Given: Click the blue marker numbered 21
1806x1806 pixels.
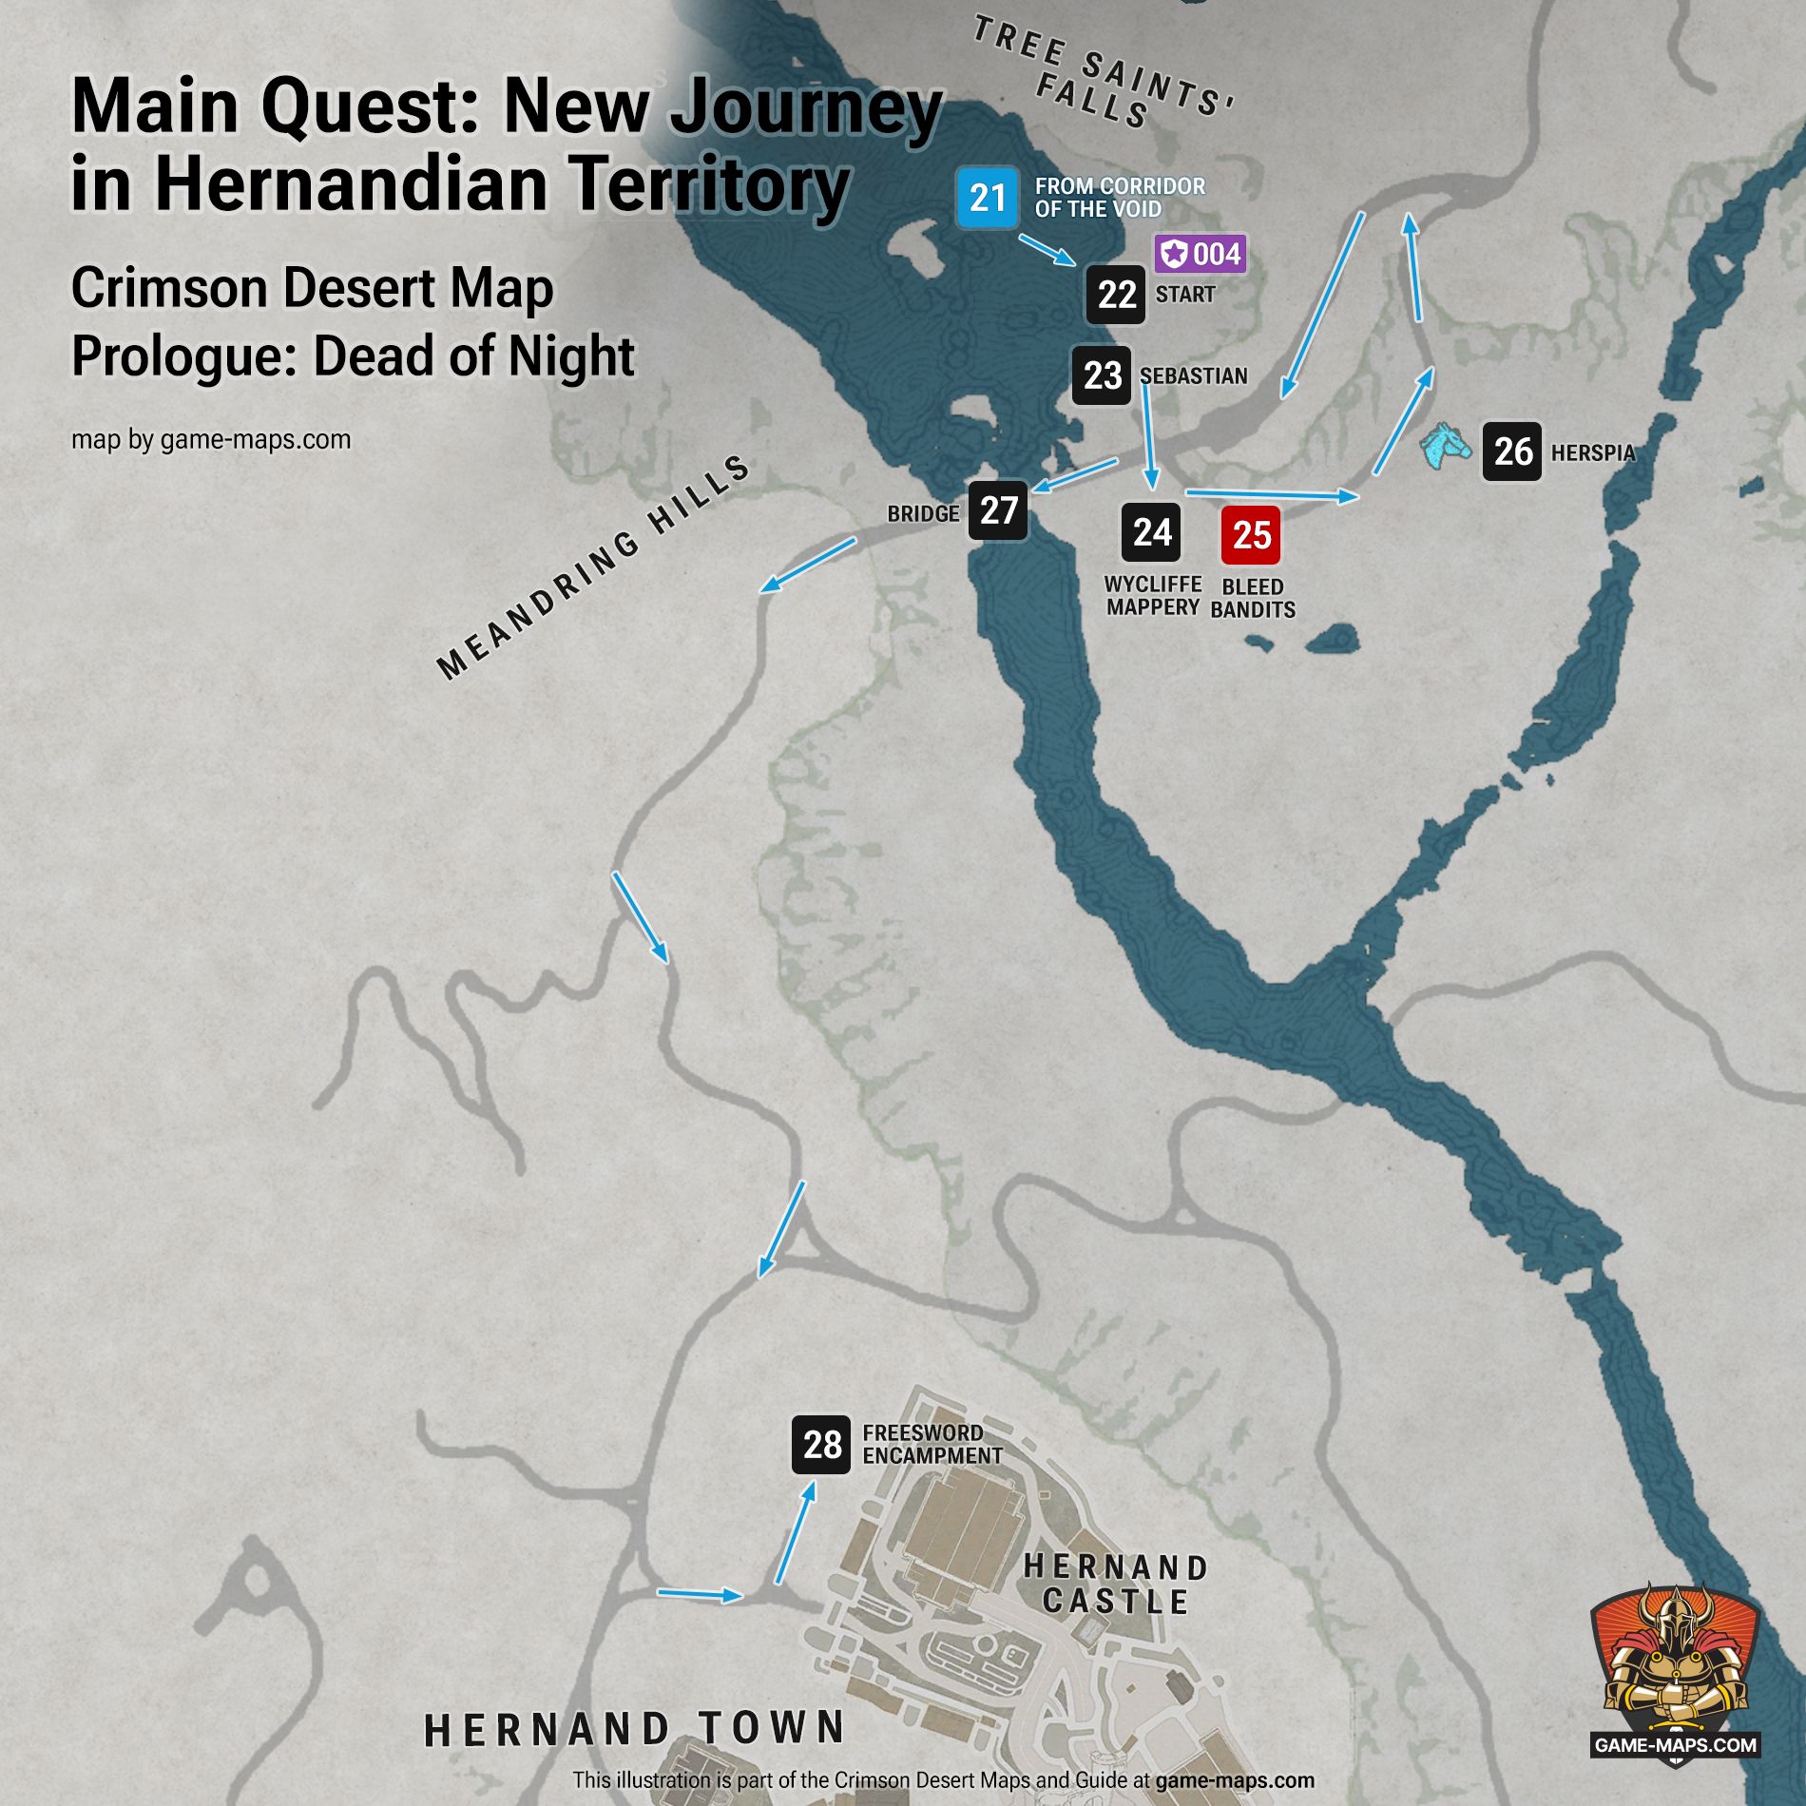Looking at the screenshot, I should click(x=988, y=198).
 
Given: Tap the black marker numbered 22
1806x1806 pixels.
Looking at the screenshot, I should click(x=1116, y=295).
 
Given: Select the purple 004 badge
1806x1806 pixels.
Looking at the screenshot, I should click(x=1201, y=254).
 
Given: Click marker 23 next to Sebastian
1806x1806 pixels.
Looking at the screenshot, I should click(x=1102, y=375).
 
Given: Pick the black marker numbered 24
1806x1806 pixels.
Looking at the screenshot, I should click(x=1151, y=532).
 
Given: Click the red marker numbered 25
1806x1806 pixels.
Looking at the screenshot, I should click(x=1251, y=535).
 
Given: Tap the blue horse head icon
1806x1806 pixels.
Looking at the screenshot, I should click(x=1445, y=446).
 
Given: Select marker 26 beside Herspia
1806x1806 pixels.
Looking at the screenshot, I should click(x=1511, y=451).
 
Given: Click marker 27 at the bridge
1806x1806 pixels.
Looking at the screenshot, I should click(x=998, y=511).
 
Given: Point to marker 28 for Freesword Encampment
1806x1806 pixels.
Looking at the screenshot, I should click(x=821, y=1445).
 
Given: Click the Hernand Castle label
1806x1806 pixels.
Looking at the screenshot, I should click(x=1116, y=1585).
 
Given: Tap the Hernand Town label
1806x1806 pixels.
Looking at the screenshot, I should click(x=635, y=1729).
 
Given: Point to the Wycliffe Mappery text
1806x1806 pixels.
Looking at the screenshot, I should click(x=1153, y=596).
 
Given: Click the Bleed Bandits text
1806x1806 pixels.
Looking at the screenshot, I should click(x=1253, y=599).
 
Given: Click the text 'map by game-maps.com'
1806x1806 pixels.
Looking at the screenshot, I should click(x=211, y=440).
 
